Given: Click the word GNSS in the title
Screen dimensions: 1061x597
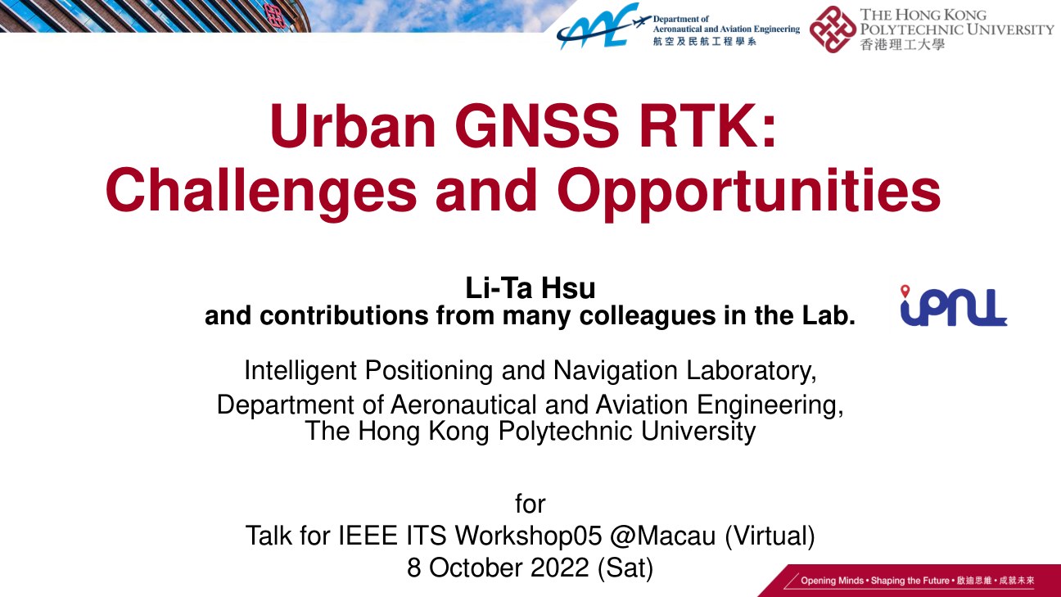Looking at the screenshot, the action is coord(537,126).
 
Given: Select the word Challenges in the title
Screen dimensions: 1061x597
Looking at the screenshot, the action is coord(261,192).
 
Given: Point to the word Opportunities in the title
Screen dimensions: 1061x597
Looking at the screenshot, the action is coord(749,192).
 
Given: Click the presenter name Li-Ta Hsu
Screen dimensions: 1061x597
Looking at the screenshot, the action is coord(530,288).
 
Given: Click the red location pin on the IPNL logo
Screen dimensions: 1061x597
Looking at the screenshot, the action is coord(905,291).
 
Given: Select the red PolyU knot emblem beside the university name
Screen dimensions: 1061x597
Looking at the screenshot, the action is coord(833,29).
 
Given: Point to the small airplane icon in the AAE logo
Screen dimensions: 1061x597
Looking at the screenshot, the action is coord(643,22).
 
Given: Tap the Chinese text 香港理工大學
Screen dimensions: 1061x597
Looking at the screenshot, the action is coord(902,44).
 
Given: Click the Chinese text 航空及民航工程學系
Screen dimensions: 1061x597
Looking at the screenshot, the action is coord(704,42).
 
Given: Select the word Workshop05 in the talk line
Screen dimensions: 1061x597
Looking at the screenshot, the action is coord(528,536).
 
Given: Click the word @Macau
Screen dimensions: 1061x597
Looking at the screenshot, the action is coord(662,536).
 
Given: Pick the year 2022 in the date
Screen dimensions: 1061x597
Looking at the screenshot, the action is coord(559,568).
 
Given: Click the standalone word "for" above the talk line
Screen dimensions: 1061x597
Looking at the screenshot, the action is coord(530,504).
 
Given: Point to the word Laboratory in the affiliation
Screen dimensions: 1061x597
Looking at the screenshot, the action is coord(752,371).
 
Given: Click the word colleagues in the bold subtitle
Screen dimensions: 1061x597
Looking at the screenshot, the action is coord(648,317).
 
